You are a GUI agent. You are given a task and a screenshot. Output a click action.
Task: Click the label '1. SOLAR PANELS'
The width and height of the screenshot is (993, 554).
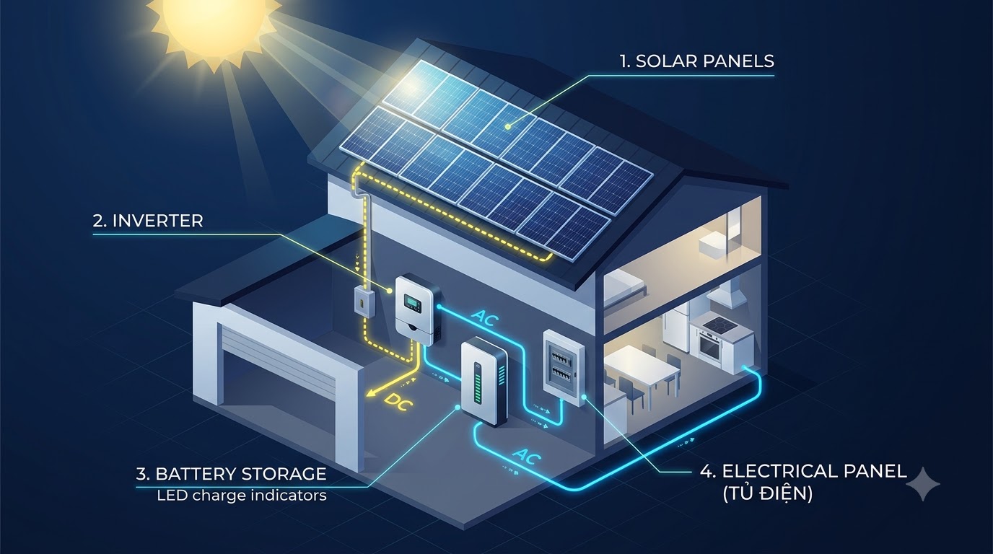(x=697, y=61)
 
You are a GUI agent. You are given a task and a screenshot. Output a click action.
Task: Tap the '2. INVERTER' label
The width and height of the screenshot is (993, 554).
(x=148, y=221)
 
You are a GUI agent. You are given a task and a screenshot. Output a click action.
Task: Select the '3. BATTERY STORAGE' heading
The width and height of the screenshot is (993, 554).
(x=231, y=474)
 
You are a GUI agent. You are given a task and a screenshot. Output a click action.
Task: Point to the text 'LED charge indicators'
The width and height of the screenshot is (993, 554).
(x=242, y=495)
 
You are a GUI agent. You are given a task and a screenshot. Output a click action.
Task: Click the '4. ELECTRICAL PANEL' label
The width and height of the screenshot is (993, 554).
(x=803, y=471)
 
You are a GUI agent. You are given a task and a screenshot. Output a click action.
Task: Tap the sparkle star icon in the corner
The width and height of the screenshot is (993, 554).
(x=922, y=484)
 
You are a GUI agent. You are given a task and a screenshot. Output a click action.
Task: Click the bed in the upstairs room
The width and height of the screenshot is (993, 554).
(x=624, y=289)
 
